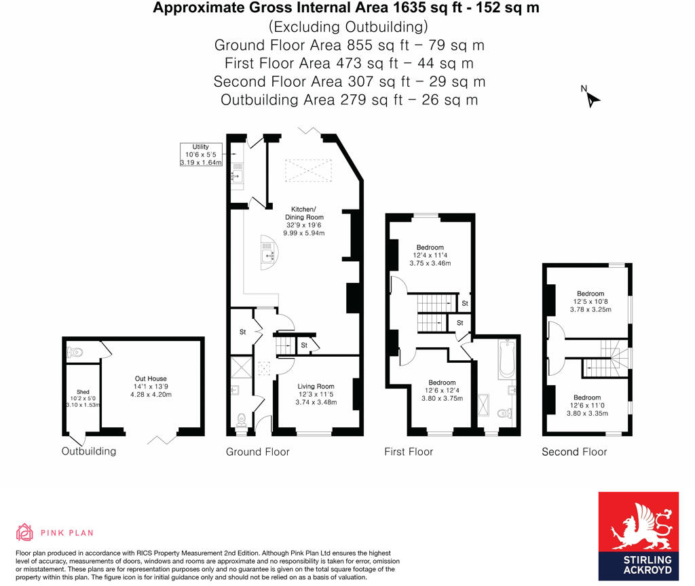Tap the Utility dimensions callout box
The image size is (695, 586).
tap(200, 154)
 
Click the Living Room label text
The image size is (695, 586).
tap(317, 394)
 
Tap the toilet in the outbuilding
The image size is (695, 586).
tap(75, 352)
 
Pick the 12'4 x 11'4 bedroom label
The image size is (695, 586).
tap(430, 255)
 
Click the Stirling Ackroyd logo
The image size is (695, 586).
tap(638, 536)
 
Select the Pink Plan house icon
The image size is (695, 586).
tap(24, 532)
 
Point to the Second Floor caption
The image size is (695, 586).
tap(574, 452)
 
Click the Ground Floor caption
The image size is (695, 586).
tap(258, 452)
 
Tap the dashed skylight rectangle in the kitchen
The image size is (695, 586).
tap(309, 170)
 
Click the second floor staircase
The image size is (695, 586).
tap(607, 359)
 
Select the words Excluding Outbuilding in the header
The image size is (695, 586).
tap(348, 27)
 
